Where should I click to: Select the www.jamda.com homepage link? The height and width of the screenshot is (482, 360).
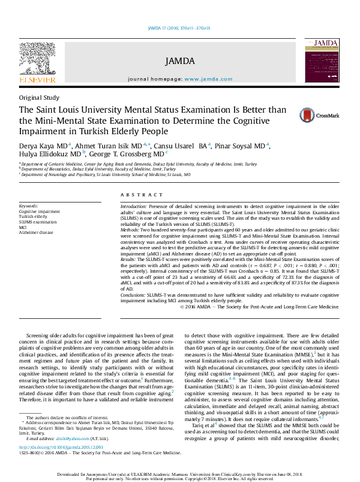[208, 79]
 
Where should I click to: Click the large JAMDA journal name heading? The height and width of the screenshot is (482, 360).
[180, 60]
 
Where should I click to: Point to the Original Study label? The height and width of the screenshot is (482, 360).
[39, 97]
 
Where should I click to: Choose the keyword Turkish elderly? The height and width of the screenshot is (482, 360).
[34, 217]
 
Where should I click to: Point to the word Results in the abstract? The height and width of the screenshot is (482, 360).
[129, 260]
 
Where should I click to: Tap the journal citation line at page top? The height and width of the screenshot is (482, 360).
[179, 28]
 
